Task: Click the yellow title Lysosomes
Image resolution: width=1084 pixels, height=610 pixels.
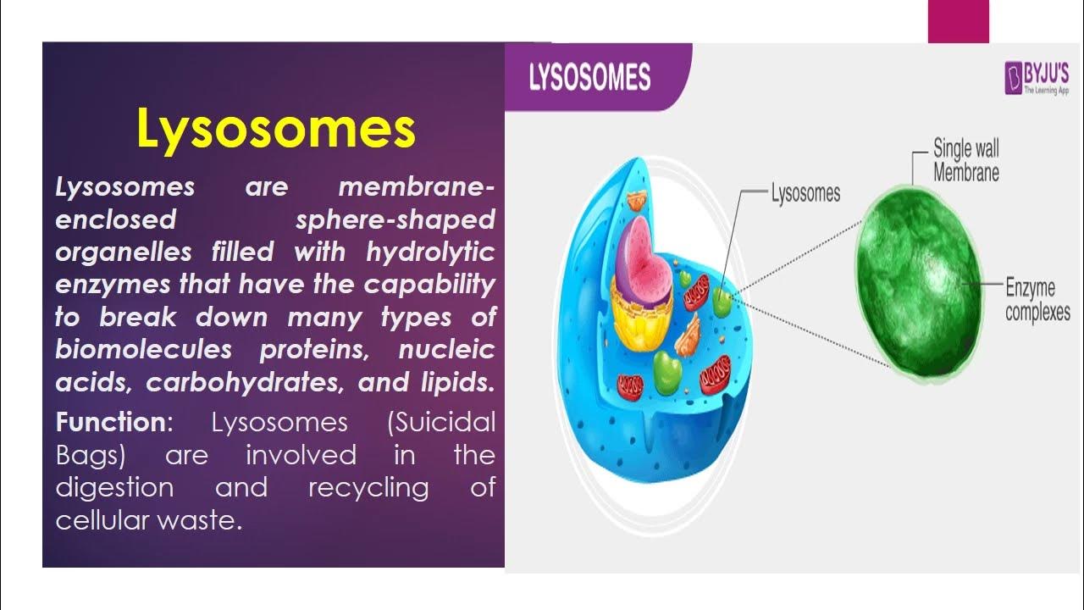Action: pos(276,130)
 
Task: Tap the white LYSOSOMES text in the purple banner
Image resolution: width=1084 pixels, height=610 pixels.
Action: pos(589,78)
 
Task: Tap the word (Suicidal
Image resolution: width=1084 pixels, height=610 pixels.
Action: pos(440,422)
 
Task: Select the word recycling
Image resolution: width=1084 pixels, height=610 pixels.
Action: pos(368,488)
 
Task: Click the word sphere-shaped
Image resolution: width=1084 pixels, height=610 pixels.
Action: pos(395,219)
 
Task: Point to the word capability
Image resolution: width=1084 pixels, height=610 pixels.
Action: pos(429,285)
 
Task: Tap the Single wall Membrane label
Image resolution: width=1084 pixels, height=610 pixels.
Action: pos(965,161)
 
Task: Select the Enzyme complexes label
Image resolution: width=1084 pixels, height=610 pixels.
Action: pos(1037,300)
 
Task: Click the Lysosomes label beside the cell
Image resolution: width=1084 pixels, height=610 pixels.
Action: pos(805,193)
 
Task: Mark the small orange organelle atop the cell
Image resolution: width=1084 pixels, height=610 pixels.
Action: pos(636,202)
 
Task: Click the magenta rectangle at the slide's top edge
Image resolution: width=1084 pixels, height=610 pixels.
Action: pos(958,21)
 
